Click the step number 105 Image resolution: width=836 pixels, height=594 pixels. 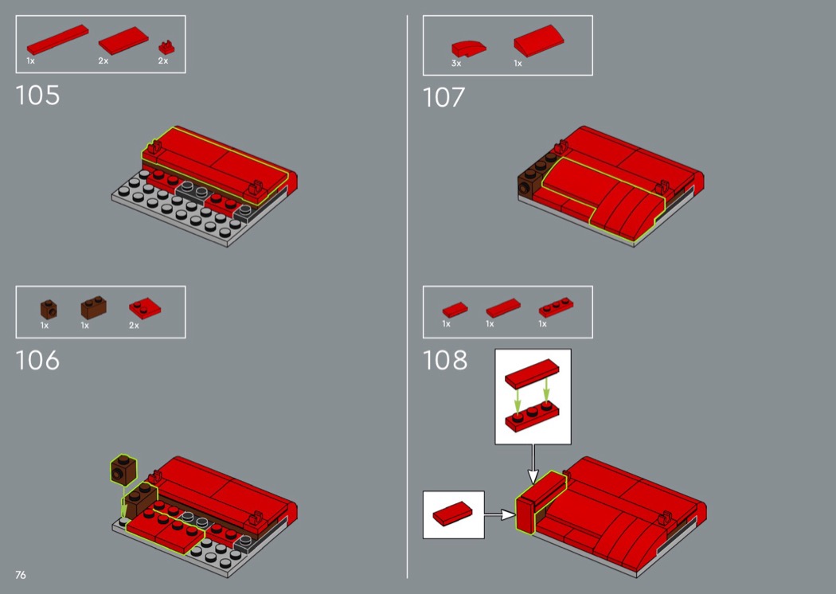click(37, 96)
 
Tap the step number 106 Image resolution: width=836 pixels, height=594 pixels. click(37, 361)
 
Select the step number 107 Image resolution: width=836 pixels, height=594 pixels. click(443, 98)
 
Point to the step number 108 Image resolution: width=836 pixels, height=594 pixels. click(444, 361)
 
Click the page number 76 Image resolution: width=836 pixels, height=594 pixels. click(20, 575)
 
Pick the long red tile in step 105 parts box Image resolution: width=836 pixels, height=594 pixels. click(57, 40)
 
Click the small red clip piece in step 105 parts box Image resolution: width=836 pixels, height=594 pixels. click(166, 48)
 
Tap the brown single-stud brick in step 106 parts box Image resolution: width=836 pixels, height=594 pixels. click(49, 309)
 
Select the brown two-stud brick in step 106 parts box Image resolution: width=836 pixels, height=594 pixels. click(93, 307)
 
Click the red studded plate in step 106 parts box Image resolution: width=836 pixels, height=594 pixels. click(144, 308)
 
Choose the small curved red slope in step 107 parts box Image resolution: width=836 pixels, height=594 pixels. click(468, 49)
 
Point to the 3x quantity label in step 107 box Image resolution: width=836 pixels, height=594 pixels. click(456, 64)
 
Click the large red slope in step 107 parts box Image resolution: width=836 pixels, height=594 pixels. click(538, 41)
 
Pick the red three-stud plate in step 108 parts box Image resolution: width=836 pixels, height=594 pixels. click(556, 307)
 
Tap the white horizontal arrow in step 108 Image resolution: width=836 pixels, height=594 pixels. click(500, 514)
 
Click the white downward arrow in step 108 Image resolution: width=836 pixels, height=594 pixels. click(533, 464)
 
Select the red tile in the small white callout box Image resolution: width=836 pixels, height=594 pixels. click(452, 514)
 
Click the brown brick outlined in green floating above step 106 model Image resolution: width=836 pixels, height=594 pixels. click(123, 470)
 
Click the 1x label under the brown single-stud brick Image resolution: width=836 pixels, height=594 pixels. click(45, 325)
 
